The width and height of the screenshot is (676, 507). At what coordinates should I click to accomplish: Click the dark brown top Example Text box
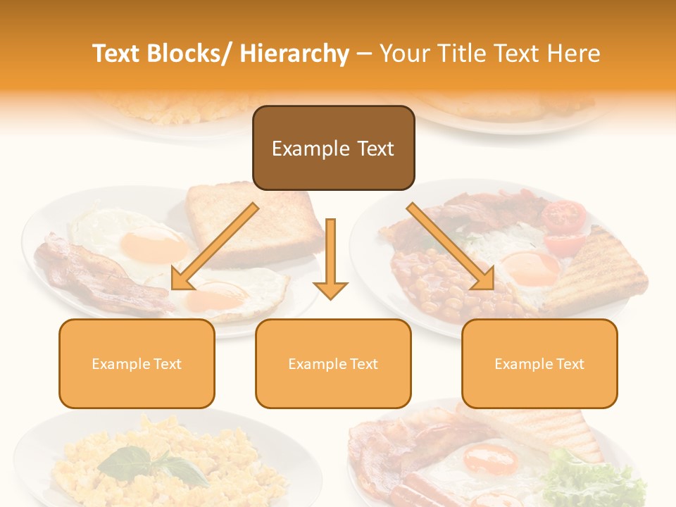[333, 148]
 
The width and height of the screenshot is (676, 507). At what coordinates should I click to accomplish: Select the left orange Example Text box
[137, 363]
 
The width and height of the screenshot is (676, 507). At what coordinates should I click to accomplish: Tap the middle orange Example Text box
[333, 363]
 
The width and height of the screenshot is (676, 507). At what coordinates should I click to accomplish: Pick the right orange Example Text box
[539, 363]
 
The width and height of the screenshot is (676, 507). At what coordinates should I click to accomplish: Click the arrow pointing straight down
[330, 261]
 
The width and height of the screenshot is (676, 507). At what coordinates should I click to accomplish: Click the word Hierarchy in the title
[294, 54]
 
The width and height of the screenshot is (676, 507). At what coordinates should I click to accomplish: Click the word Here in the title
[576, 54]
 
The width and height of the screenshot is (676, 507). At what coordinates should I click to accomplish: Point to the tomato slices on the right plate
[565, 225]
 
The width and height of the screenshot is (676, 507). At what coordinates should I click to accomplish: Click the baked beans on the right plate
[430, 282]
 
